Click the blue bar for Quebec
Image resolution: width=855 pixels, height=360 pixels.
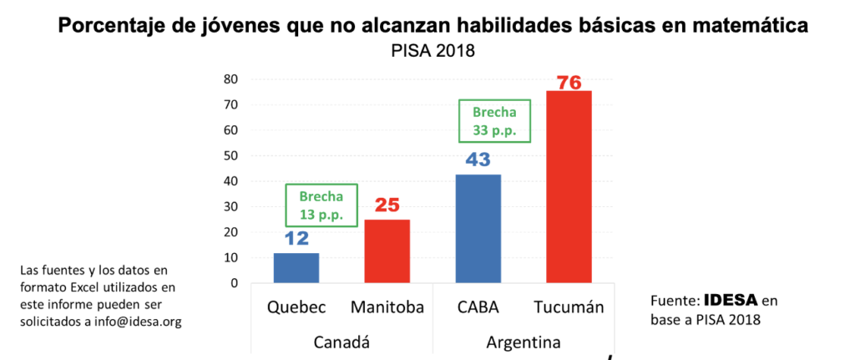point(296,268)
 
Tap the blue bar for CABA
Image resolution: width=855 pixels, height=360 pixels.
point(478,229)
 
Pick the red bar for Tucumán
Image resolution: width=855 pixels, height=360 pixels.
point(569,187)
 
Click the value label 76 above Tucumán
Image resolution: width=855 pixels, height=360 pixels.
point(569,83)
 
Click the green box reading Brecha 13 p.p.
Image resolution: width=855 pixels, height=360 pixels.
point(321,205)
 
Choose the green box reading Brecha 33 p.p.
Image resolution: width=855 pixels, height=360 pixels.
point(495,121)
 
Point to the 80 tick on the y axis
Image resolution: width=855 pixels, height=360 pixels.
point(231,79)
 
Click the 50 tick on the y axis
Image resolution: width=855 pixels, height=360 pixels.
point(231,156)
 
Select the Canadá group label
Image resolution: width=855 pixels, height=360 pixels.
point(341,342)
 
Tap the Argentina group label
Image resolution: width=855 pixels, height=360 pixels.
point(523,342)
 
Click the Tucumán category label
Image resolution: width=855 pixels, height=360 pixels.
point(569,307)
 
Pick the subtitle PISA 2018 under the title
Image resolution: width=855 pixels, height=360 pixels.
point(433,52)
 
